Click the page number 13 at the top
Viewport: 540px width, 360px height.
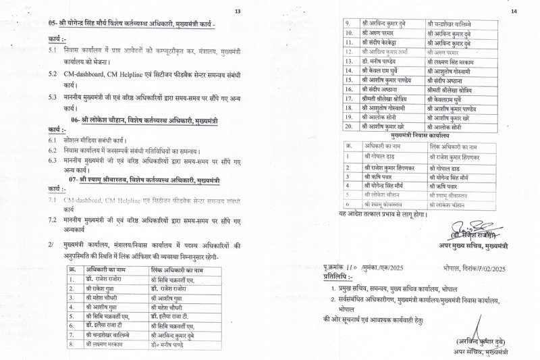point(238,11)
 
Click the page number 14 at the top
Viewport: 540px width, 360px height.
point(514,11)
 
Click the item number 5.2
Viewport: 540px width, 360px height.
point(52,74)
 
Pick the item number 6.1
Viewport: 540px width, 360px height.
point(52,139)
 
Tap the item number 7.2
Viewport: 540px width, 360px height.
point(52,220)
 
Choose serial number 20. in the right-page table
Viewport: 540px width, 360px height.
point(349,126)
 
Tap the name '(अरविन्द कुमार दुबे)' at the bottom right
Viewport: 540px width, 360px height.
point(481,341)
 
